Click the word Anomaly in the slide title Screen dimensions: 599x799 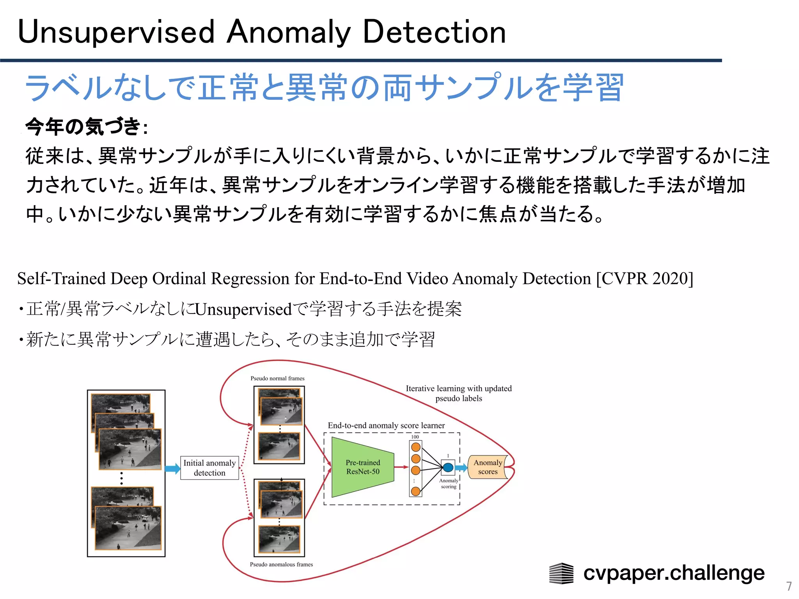click(x=289, y=32)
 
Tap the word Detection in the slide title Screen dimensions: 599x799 click(x=434, y=32)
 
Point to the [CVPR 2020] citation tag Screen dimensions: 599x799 click(x=645, y=278)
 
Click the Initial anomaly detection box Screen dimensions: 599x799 click(x=210, y=468)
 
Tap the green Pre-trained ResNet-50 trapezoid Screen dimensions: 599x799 click(x=362, y=467)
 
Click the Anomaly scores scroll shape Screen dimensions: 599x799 click(x=488, y=467)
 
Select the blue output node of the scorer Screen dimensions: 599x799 click(x=448, y=467)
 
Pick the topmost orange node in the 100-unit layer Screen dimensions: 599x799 click(x=416, y=447)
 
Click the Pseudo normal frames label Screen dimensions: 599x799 click(x=277, y=378)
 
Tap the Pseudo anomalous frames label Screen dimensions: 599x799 click(x=281, y=564)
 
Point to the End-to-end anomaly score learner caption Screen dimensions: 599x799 click(x=386, y=425)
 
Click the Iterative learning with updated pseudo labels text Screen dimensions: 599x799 click(x=458, y=393)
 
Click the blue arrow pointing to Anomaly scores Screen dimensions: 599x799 click(x=462, y=468)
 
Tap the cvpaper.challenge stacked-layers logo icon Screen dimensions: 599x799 click(x=561, y=573)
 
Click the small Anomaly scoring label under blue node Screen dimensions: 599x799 click(x=449, y=484)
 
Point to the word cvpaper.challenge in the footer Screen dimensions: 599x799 click(x=674, y=573)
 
